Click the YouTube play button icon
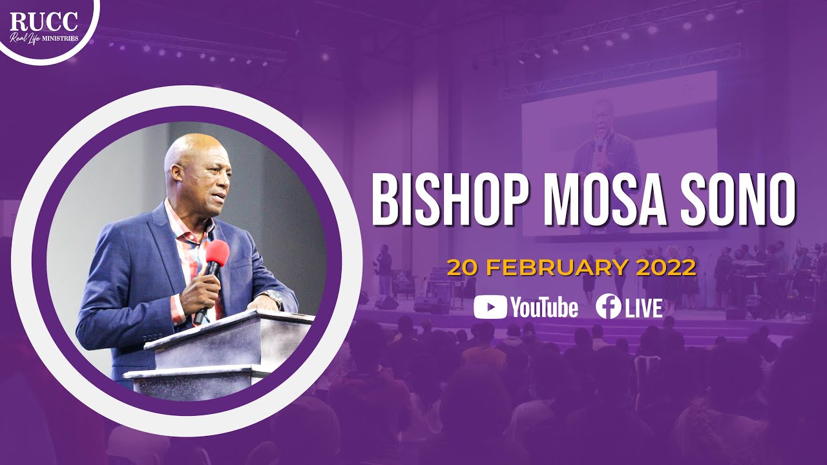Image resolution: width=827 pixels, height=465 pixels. pos(490,307)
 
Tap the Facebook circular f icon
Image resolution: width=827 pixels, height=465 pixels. pos(609,307)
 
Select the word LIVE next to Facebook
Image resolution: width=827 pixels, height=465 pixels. pos(644,308)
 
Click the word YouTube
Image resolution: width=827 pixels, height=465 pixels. pos(544,308)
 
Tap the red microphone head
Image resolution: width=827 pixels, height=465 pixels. pos(217,253)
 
